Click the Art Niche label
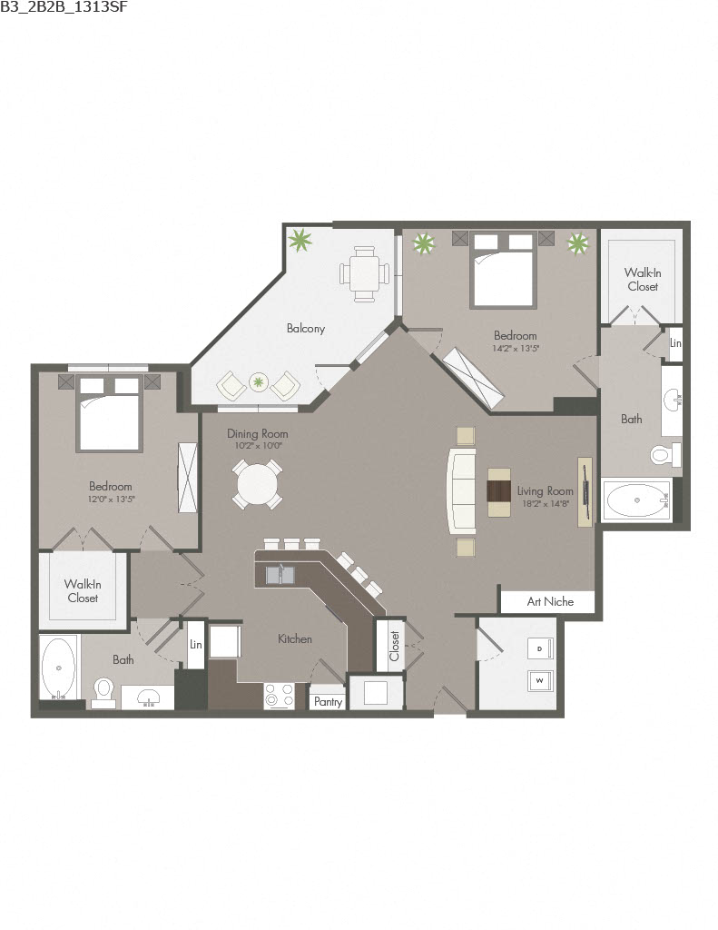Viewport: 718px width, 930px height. click(x=550, y=601)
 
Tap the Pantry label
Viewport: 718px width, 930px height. click(x=327, y=701)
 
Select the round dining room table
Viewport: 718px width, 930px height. click(x=257, y=484)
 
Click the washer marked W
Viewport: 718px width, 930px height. click(x=539, y=679)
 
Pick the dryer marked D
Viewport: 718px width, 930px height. click(x=539, y=648)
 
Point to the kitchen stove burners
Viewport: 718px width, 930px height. click(x=280, y=696)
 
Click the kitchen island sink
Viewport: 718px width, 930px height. click(x=280, y=574)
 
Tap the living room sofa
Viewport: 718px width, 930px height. click(x=461, y=490)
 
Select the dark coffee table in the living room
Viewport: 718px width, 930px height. click(x=499, y=491)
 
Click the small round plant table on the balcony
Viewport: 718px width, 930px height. click(x=259, y=383)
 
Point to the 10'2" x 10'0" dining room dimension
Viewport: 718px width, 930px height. click(x=257, y=446)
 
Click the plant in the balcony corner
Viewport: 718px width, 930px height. click(x=300, y=241)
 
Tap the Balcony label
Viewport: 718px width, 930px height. click(x=306, y=329)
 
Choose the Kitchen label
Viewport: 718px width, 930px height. click(x=295, y=639)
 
